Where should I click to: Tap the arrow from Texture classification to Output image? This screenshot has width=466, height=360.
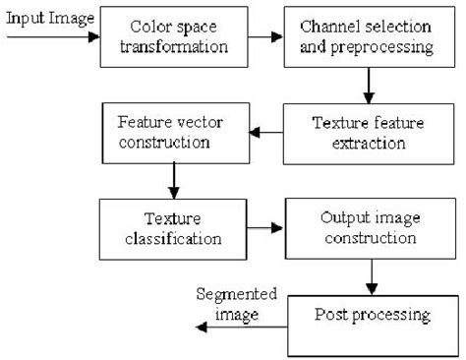pyautogui.click(x=262, y=227)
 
